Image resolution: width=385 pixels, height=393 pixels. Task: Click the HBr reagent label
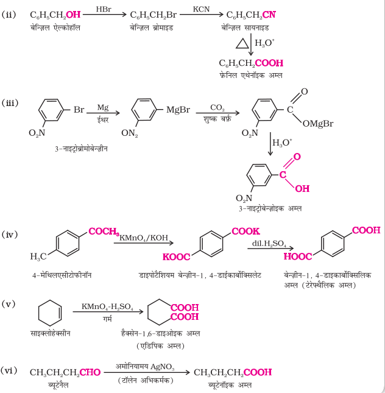tap(104, 9)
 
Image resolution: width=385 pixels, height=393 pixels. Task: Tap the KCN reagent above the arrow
tap(201, 9)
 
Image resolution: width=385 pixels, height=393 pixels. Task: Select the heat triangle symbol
tap(242, 43)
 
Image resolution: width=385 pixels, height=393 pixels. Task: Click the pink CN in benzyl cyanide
tap(269, 15)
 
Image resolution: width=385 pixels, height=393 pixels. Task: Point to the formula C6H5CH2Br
tap(154, 15)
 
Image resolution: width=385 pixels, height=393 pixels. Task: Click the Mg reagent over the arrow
tap(103, 108)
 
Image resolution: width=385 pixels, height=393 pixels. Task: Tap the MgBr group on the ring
tap(178, 110)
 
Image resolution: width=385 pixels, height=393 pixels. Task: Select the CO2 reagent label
tap(217, 108)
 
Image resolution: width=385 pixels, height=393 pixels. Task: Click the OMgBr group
tap(318, 123)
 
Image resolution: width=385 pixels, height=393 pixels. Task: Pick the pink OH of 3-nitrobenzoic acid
tap(302, 188)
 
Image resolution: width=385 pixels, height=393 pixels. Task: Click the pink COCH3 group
tap(104, 232)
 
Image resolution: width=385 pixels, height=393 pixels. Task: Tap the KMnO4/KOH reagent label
tap(144, 238)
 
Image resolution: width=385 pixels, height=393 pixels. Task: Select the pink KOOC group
tap(176, 257)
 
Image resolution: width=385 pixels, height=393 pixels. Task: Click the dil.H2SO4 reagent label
tap(269, 244)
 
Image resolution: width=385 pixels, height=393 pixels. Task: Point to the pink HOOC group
tap(298, 256)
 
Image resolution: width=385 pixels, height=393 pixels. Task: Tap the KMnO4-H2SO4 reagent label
tap(107, 306)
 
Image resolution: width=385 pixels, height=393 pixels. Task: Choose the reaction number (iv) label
tap(10, 235)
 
